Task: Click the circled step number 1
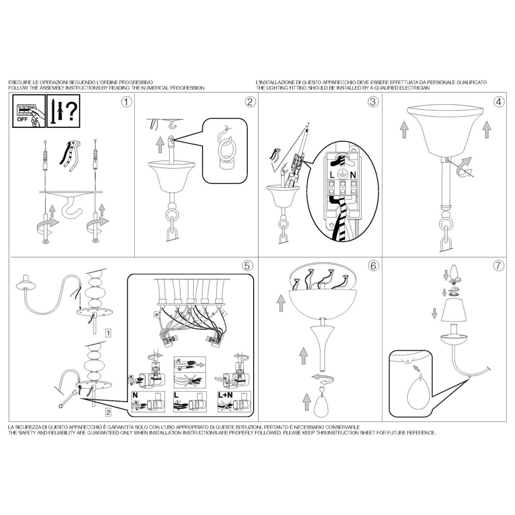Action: [x=127, y=102]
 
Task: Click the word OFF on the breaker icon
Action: [x=22, y=119]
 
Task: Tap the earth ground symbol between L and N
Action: [x=342, y=175]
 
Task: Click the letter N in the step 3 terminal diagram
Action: [x=353, y=175]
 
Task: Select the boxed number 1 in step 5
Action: [x=108, y=333]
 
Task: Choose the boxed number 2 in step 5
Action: [x=108, y=412]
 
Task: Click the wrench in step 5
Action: [x=68, y=399]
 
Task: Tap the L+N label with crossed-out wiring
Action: [x=226, y=395]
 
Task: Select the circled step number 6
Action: [x=373, y=266]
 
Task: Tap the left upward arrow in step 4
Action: [x=404, y=129]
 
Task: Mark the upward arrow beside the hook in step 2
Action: [x=161, y=144]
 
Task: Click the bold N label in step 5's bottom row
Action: [x=135, y=395]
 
